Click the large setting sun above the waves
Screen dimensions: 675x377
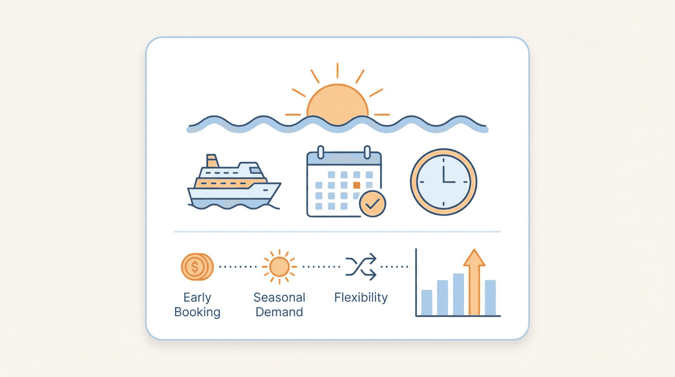pos(337,103)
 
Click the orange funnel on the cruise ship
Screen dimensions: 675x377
pos(212,161)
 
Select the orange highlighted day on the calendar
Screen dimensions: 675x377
pos(357,185)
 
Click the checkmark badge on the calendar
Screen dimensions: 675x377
pos(372,204)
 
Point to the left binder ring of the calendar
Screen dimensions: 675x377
pos(321,152)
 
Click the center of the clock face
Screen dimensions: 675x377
pos(443,182)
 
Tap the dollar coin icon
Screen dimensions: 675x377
pos(197,267)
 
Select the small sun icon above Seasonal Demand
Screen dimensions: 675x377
pos(279,267)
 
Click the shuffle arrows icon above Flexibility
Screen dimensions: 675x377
pos(361,267)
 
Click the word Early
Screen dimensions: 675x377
pos(197,297)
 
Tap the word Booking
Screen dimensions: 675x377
pos(197,312)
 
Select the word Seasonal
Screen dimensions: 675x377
pos(279,297)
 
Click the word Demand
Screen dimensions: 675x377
pos(279,312)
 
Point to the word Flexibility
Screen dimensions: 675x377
pos(361,297)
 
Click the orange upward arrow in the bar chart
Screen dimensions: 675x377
pos(474,282)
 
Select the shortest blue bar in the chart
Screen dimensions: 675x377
pos(427,302)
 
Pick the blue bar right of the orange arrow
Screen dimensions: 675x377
pos(490,297)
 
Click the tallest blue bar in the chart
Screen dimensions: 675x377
pos(459,295)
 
